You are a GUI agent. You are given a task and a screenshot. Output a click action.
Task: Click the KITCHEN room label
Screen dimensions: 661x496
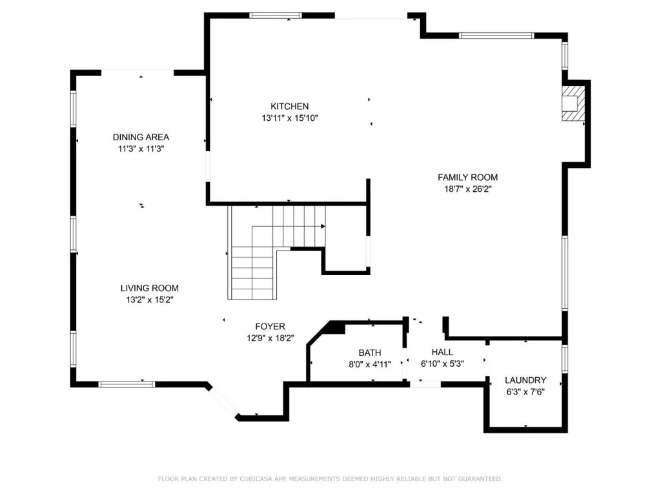(290, 107)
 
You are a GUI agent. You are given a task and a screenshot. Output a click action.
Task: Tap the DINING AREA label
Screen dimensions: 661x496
(141, 137)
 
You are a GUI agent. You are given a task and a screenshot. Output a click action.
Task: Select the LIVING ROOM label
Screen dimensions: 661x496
(149, 288)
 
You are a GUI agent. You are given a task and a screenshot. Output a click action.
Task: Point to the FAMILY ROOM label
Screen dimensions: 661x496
(467, 177)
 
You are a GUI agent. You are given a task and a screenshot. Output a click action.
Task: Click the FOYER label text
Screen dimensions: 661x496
(270, 326)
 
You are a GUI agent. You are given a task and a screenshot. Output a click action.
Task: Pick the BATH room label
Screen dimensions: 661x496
(370, 353)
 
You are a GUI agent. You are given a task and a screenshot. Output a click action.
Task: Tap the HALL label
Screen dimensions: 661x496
(442, 352)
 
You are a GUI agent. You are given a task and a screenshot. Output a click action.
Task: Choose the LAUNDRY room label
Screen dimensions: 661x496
(525, 380)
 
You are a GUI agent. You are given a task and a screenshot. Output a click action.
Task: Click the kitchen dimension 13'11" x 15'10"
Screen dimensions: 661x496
(290, 118)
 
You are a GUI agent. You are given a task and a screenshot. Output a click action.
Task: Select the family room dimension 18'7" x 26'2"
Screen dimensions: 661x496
(467, 189)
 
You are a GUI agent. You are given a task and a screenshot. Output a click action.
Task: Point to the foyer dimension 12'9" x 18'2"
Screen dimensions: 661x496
(270, 338)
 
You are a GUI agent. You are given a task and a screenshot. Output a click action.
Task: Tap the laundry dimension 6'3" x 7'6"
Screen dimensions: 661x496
(525, 392)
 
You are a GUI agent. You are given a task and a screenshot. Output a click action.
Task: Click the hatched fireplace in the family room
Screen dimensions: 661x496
(573, 104)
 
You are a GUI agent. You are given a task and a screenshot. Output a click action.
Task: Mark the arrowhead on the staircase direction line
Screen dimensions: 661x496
(323, 227)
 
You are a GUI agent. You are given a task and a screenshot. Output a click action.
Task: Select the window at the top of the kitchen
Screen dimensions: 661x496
(276, 15)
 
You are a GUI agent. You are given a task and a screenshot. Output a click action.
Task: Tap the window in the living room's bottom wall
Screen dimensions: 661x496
(127, 384)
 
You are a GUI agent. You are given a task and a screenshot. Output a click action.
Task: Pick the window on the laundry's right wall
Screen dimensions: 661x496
(565, 359)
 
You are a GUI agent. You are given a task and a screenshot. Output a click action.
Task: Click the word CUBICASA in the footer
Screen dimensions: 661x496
(256, 479)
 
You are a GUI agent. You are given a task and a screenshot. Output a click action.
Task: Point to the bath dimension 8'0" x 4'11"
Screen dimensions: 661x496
(370, 364)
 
